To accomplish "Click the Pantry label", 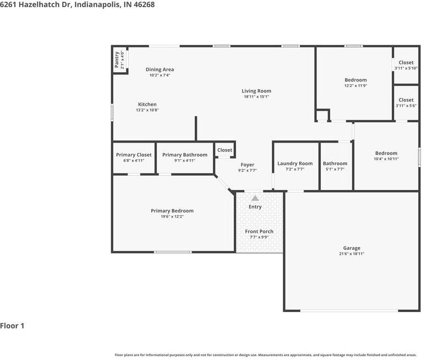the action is tap(117, 60).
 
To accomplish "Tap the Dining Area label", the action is tap(160, 69).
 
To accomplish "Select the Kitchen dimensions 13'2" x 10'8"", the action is tap(147, 110).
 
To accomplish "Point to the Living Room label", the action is tap(256, 91).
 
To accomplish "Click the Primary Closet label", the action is tap(134, 155).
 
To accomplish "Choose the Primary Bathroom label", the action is tap(185, 155).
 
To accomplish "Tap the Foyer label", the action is tap(248, 165).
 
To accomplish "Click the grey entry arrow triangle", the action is tap(255, 198).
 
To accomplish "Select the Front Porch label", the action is tap(259, 232).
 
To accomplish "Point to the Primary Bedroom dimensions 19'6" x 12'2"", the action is tap(172, 216).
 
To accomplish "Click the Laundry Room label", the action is tap(295, 163).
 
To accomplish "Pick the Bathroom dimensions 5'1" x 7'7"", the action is tap(335, 169).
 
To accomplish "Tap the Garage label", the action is tap(352, 248).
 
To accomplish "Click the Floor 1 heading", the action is tap(12, 326).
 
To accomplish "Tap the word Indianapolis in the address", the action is tap(97, 4).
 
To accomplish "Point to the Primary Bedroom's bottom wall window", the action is tap(173, 252).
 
